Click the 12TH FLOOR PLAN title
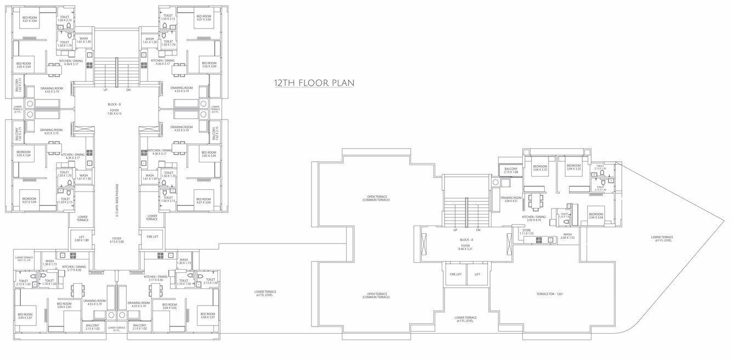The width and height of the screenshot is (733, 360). point(314,83)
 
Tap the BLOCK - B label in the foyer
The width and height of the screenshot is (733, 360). point(114,104)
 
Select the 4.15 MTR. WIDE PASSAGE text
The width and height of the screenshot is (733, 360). point(117,200)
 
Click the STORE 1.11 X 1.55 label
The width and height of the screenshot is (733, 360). point(526,233)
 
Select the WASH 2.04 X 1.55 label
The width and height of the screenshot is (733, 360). point(567,236)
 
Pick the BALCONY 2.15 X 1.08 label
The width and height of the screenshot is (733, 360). point(511,171)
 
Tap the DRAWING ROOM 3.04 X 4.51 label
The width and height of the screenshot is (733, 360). point(510,199)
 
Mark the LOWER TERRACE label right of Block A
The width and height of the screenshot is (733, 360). point(662,239)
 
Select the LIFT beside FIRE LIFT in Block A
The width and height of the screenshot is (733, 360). point(477,274)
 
